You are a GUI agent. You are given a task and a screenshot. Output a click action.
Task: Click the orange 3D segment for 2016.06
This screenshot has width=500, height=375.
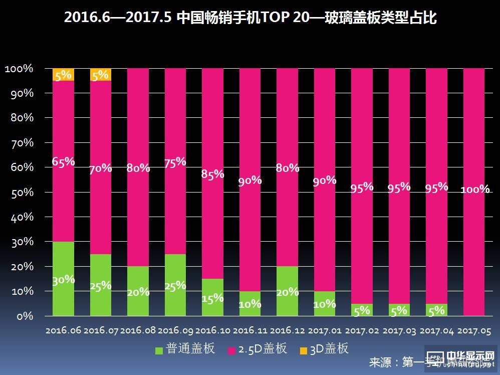coord(63,74)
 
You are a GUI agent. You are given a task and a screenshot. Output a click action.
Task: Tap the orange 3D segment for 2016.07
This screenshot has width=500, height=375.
coord(101,74)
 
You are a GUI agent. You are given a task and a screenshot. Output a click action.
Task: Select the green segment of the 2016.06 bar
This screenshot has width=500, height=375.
coord(63,279)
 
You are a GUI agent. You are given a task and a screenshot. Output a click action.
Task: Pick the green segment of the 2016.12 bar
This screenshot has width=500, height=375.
coord(287,291)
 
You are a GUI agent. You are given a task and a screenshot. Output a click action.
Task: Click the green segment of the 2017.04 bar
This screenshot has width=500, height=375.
coord(436,310)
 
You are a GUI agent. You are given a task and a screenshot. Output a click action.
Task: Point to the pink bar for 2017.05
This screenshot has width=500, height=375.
coord(474,192)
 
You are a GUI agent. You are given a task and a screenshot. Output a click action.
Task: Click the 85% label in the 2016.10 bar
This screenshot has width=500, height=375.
coord(212,174)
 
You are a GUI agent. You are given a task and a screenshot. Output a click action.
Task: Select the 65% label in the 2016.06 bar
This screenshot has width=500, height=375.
coord(63,161)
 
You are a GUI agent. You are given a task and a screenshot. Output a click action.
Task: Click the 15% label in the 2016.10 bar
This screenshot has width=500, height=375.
coord(212,298)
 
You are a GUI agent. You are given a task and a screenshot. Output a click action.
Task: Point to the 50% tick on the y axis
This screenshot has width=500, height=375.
coord(20,192)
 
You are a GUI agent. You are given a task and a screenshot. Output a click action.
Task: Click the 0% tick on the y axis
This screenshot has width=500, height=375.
coord(23,316)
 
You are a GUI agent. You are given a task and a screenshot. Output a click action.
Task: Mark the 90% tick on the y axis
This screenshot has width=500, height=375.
coord(20,93)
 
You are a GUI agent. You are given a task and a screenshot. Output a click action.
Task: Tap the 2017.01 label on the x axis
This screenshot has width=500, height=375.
coord(325,331)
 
